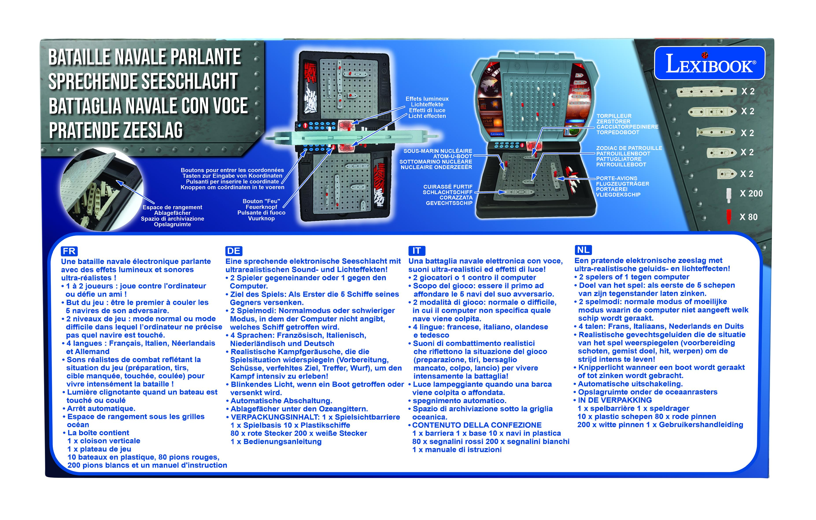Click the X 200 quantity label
click(x=751, y=193)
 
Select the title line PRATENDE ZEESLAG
click(x=116, y=130)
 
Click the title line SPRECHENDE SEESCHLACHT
click(x=143, y=81)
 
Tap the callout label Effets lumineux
click(x=427, y=99)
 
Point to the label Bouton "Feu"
click(x=261, y=201)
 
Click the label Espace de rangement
click(x=172, y=207)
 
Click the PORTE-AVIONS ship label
click(x=617, y=178)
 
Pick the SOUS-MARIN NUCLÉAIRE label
click(x=438, y=151)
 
